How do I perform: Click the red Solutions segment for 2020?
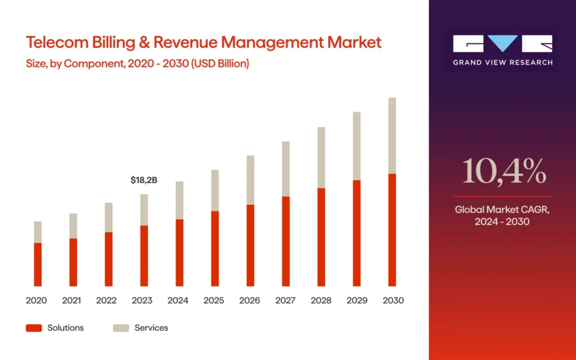38,264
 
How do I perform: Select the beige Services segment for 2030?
392,136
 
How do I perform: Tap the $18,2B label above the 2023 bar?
144,180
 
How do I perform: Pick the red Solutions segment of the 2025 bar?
215,249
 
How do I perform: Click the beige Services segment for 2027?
286,169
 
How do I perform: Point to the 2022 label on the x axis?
107,300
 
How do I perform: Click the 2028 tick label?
321,300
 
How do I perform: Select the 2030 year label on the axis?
393,300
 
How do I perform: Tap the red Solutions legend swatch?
34,328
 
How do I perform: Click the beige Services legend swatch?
121,328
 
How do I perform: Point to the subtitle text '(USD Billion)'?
220,64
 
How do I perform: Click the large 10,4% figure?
504,172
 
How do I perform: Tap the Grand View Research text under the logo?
503,62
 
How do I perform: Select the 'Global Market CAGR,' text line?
502,209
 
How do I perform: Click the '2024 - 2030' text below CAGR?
502,222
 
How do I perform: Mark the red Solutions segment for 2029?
357,233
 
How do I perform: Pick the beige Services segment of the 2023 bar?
144,210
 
